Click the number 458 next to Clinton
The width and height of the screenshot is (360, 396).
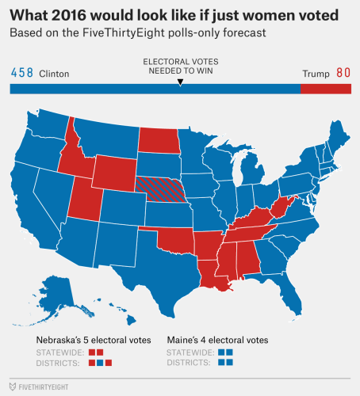pos(21,73)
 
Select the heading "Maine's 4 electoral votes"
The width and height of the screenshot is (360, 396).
pos(217,340)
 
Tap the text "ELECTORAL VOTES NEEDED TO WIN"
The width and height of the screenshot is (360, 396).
pos(180,66)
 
